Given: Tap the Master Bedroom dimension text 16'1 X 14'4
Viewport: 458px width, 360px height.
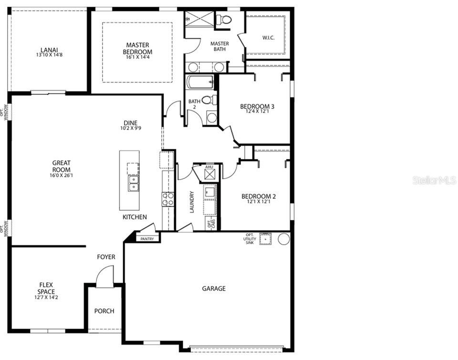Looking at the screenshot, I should [x=137, y=57].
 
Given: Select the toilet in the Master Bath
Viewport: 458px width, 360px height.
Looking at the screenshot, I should [x=223, y=20].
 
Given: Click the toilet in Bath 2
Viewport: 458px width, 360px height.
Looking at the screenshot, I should [x=209, y=100].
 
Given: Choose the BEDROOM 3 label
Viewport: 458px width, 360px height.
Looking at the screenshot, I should [x=257, y=106].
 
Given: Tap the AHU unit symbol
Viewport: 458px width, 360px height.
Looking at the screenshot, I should [x=209, y=173].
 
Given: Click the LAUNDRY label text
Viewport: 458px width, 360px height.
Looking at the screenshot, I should [x=192, y=202].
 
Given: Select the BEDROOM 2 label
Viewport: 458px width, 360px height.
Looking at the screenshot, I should [x=258, y=196].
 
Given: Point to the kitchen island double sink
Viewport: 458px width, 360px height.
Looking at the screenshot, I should [x=133, y=183].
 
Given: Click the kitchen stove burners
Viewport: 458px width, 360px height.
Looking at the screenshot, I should [x=168, y=199].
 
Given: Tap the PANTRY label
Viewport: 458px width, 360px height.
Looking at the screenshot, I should [x=147, y=239].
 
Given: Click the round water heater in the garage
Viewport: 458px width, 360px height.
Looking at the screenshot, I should [x=284, y=239].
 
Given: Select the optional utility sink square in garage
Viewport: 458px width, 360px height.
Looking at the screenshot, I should [x=265, y=239].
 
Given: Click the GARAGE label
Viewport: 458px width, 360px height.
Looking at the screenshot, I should [x=213, y=288].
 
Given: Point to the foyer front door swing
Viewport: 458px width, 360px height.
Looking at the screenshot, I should [x=104, y=277].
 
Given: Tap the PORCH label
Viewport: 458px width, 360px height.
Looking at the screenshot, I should [x=104, y=311].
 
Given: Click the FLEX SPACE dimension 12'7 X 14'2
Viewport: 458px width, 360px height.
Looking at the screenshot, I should [x=46, y=297].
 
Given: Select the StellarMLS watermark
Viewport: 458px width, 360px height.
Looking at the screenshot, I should [x=434, y=180].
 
